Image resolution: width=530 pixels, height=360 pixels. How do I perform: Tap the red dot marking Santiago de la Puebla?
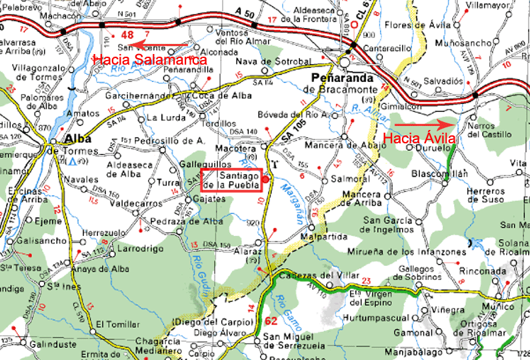(265, 179)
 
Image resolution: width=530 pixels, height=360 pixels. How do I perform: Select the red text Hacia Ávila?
(420, 139)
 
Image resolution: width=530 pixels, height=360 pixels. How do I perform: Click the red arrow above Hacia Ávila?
(421, 124)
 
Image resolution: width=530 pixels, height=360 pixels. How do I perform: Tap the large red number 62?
(271, 321)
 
